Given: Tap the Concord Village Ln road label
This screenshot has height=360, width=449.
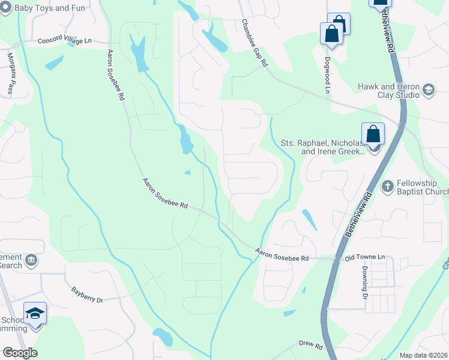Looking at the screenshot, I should pyautogui.click(x=64, y=41).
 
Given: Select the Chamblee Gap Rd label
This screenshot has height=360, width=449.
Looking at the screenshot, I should pyautogui.click(x=255, y=42).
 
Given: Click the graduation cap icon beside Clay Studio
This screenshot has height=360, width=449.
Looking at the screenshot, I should pyautogui.click(x=429, y=91).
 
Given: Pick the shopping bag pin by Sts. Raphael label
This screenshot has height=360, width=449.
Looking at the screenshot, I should pyautogui.click(x=373, y=134).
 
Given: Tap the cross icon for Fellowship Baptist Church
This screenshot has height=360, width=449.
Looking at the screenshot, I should pyautogui.click(x=387, y=185).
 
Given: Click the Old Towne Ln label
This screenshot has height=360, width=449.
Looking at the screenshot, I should pyautogui.click(x=364, y=257).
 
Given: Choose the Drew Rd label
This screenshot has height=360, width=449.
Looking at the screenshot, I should pyautogui.click(x=310, y=346).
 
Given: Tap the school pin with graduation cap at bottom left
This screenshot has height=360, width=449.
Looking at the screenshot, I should pyautogui.click(x=35, y=314).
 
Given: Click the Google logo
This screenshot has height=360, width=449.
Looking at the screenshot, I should pyautogui.click(x=20, y=353).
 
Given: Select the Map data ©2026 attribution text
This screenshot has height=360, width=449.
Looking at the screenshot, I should pyautogui.click(x=423, y=355).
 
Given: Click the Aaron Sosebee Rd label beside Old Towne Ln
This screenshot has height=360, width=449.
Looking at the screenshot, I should pyautogui.click(x=282, y=254).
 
